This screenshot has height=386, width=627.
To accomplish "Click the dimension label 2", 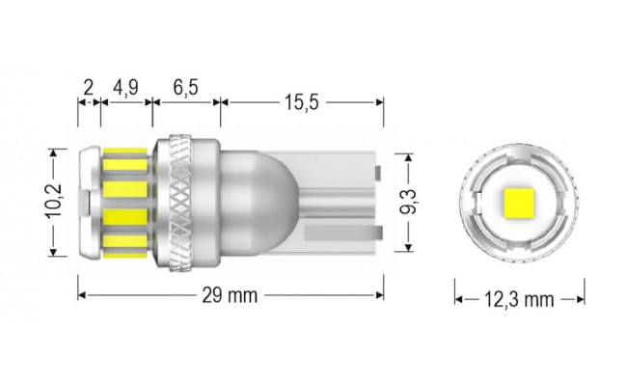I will (88, 87).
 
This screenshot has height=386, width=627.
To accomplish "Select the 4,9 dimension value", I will (126, 87).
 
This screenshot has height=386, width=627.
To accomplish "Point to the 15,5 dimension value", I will (301, 99).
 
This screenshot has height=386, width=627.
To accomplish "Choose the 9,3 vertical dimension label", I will (409, 202).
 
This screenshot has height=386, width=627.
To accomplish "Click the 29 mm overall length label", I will (232, 294).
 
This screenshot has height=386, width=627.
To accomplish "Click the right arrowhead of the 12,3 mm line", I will (582, 299).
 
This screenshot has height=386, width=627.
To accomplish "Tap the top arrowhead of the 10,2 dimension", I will (56, 152).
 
